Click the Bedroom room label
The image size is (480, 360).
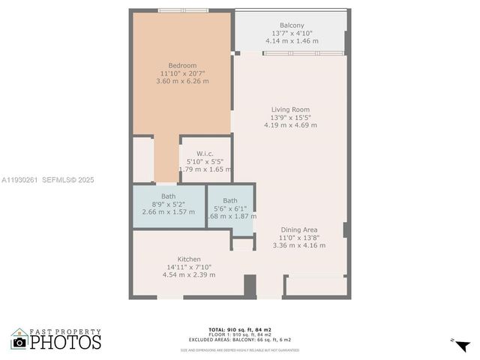coord(181,64)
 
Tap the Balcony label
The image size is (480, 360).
coord(292,25)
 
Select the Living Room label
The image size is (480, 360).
coord(290,109)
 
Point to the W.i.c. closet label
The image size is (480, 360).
coord(205,153)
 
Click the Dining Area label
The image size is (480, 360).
coord(299,229)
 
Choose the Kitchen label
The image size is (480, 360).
coord(188,259)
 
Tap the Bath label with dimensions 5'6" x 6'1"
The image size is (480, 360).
coord(229,200)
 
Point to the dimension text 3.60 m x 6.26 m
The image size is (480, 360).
coord(181,81)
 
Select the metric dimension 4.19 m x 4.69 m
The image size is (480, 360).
coord(290,125)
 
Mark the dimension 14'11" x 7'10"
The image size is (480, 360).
coord(189,266)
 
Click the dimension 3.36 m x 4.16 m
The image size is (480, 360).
coord(299,245)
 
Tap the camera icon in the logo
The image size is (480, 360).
coord(19,343)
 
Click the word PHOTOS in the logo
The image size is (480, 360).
coord(67,342)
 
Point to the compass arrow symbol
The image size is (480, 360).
coord(462,345)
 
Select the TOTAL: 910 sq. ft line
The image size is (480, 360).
coord(239,328)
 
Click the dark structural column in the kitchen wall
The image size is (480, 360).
coord(250,286)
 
